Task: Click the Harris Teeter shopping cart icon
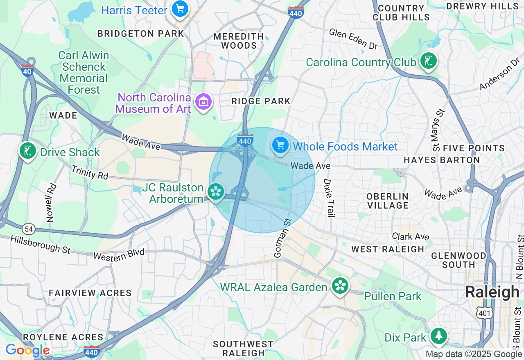[180, 9]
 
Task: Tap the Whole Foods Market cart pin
[280, 146]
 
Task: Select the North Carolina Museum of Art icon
[203, 101]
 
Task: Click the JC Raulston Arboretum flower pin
[216, 191]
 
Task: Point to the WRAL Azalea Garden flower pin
[340, 286]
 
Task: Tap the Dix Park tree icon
[439, 336]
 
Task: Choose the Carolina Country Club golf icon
[428, 61]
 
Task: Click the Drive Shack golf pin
[27, 151]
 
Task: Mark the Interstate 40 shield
[27, 70]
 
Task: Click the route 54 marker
[28, 229]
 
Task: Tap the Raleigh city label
[492, 292]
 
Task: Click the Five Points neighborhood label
[468, 148]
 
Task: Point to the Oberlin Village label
[388, 200]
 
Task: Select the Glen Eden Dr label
[353, 39]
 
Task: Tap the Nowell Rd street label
[51, 202]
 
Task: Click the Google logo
[27, 350]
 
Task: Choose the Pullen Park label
[393, 296]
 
